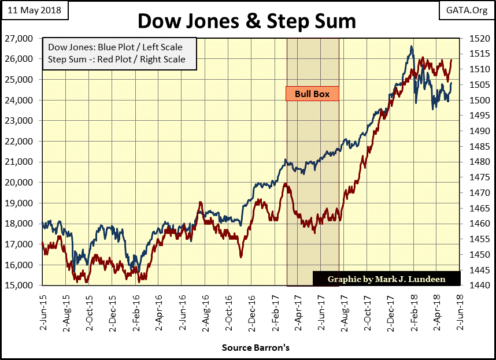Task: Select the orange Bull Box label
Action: tap(312, 94)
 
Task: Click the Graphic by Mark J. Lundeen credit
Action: tap(386, 279)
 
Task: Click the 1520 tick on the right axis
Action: tap(472, 39)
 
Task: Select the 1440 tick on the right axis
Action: tap(472, 285)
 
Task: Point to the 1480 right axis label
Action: tap(472, 162)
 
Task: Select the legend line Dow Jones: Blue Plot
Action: tap(117, 48)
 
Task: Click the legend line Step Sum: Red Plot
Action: tap(117, 59)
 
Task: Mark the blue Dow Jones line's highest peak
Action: tap(411, 46)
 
